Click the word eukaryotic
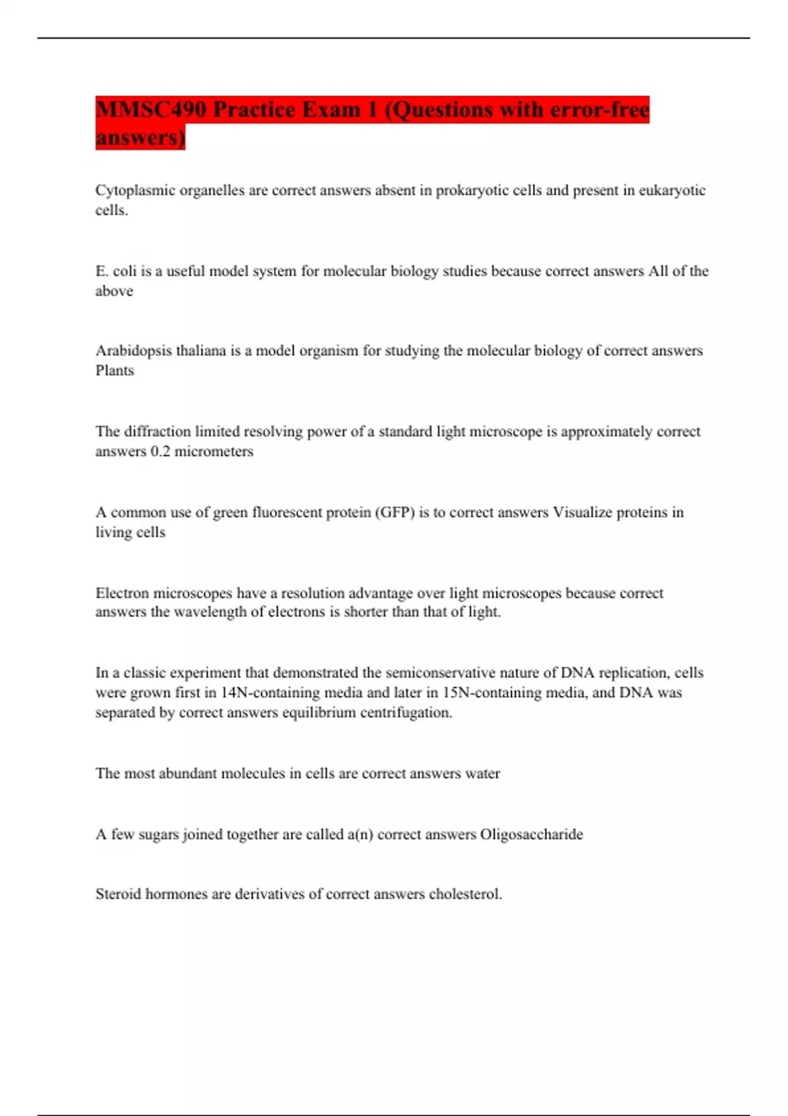pyautogui.click(x=672, y=190)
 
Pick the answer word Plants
pyautogui.click(x=115, y=371)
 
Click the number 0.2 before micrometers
pyautogui.click(x=160, y=452)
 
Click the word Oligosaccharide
pyautogui.click(x=531, y=834)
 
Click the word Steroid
pyautogui.click(x=118, y=894)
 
